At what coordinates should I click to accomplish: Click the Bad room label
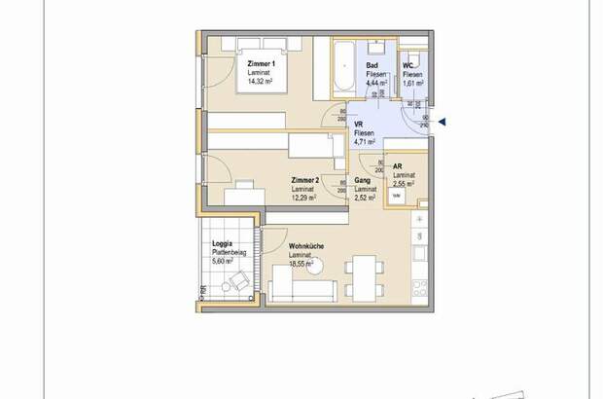click(372, 64)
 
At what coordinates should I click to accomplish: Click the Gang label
click(363, 181)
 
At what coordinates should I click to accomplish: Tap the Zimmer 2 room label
click(305, 181)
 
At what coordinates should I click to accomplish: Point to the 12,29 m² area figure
click(305, 198)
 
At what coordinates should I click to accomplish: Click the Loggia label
click(224, 244)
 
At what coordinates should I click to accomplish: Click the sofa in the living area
click(302, 288)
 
